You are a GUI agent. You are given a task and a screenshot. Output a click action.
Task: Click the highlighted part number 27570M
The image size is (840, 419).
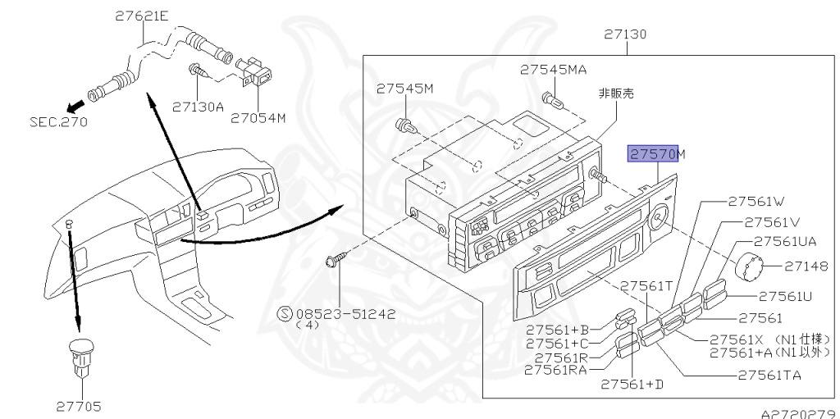point(656,154)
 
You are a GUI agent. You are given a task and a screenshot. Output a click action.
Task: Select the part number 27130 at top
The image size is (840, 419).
point(626,34)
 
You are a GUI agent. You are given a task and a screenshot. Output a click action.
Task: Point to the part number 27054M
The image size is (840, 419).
point(258,117)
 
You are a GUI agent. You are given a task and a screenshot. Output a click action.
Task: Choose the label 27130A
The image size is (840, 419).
point(198,106)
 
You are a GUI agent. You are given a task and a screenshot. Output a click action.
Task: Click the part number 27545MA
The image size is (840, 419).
point(553,70)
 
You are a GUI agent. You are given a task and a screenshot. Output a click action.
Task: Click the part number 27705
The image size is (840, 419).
point(80,405)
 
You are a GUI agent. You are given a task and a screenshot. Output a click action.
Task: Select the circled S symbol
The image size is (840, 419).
point(285,312)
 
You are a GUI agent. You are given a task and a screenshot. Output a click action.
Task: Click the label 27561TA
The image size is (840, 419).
point(769,376)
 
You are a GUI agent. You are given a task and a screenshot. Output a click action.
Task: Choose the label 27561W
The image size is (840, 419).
point(756,200)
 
